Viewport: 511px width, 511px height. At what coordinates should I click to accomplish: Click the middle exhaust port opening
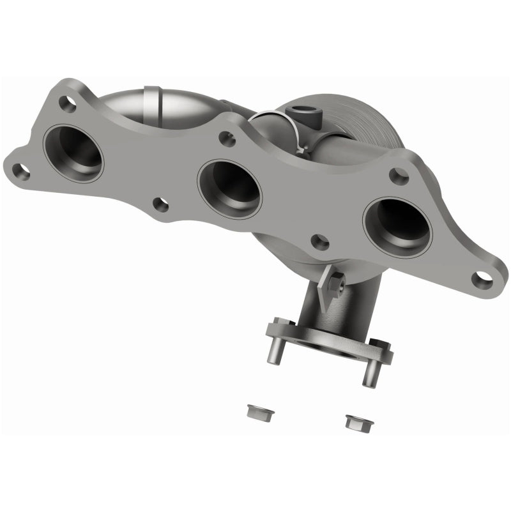[230, 188]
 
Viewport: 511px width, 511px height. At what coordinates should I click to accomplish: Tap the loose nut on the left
[254, 411]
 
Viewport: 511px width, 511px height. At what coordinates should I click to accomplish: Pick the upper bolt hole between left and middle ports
[225, 137]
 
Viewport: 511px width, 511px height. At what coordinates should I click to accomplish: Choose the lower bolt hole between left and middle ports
[161, 204]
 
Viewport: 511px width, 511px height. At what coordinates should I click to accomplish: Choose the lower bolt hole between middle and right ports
[320, 241]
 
